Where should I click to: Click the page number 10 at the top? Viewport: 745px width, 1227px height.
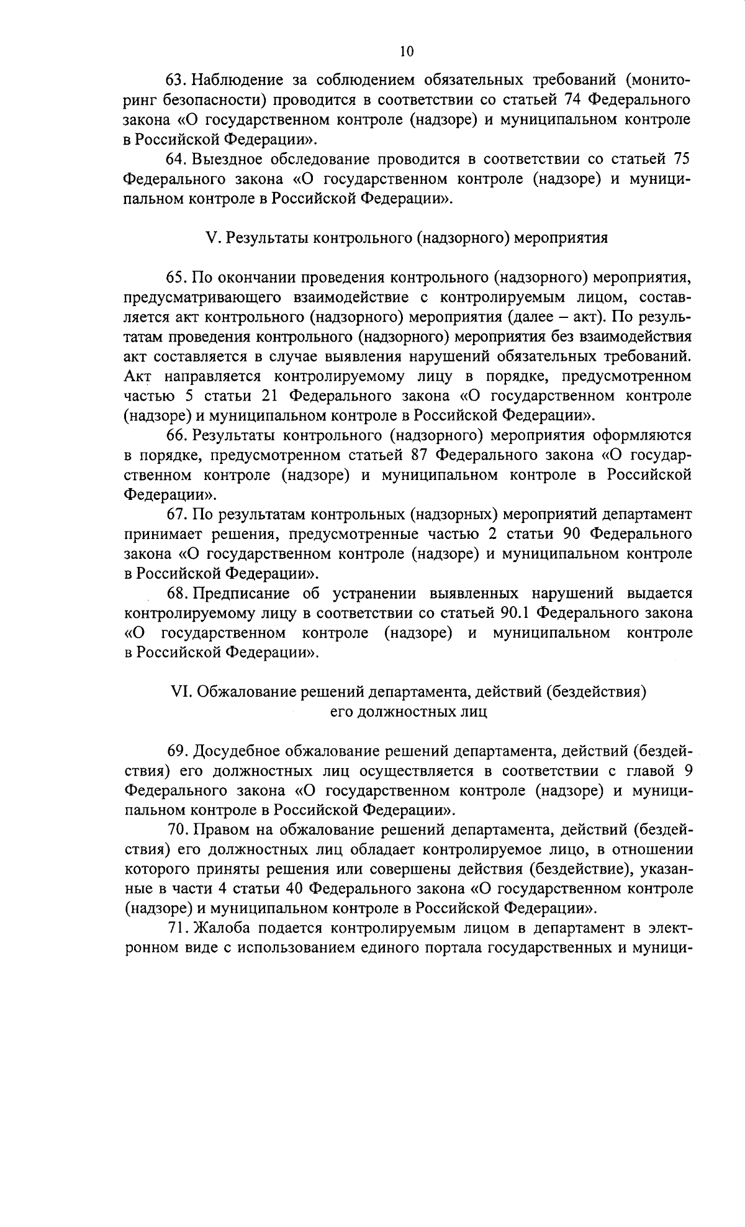(407, 52)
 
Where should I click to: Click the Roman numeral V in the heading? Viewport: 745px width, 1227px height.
(209, 238)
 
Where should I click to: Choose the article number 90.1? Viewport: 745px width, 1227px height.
(513, 613)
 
